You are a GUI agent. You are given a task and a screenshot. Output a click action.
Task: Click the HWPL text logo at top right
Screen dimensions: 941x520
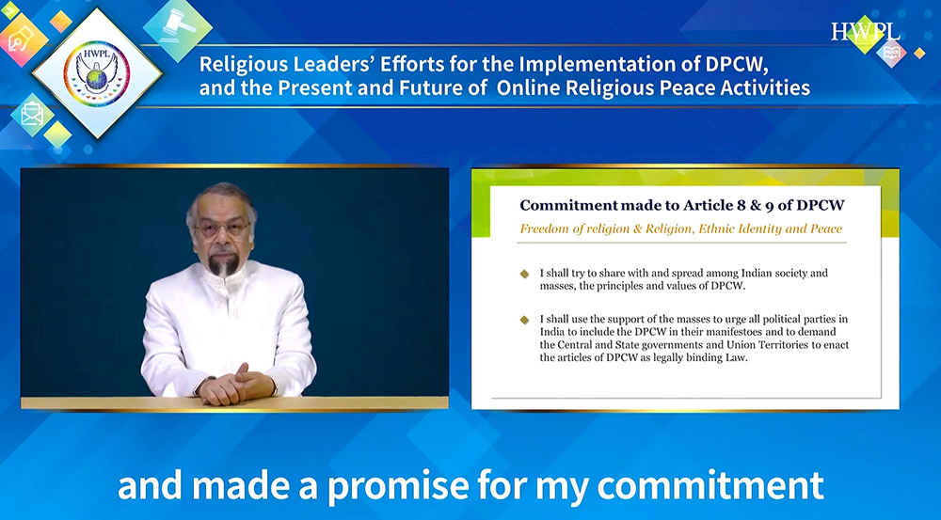(x=866, y=32)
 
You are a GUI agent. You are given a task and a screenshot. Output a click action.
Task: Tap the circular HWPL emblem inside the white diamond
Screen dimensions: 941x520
(x=97, y=73)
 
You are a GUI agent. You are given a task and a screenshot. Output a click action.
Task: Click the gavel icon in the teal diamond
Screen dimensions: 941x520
(x=178, y=26)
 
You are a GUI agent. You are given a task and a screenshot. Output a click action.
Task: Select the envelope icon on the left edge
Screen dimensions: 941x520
(x=31, y=114)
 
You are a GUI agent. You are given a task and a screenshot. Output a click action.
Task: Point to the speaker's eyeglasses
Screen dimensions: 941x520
(x=222, y=228)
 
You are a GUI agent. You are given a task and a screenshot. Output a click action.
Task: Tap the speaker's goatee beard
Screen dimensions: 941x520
(x=222, y=264)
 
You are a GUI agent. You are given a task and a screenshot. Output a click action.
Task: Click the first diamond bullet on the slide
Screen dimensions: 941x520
(x=524, y=274)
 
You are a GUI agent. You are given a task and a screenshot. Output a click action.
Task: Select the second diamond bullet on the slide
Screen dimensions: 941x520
(x=524, y=320)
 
